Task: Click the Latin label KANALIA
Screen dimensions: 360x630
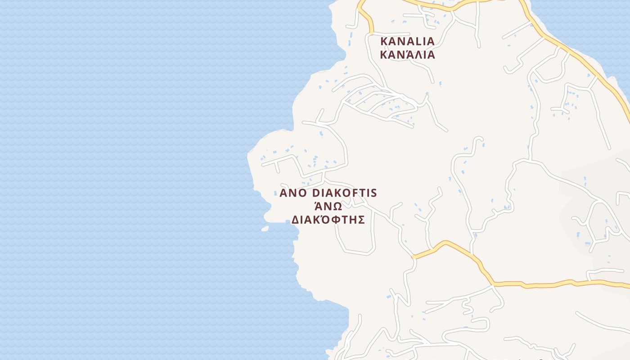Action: (407, 41)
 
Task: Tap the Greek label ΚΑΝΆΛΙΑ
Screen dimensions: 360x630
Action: (407, 55)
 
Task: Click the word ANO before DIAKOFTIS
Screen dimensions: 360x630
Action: (293, 193)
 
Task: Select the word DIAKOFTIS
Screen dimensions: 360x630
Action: (344, 193)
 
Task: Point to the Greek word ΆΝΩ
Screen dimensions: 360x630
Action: (328, 207)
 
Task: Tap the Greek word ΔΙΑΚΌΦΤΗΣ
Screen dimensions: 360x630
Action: (328, 220)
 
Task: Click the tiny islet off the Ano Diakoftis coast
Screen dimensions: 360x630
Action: (265, 229)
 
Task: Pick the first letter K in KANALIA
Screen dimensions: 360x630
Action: (384, 41)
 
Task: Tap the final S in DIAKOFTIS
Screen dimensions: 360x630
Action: (373, 193)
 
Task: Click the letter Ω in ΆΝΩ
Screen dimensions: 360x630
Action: (337, 207)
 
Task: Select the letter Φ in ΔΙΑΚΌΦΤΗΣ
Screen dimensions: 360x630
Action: (335, 220)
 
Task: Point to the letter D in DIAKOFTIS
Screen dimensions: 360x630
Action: (316, 193)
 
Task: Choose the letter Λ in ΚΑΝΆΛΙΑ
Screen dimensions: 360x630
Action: (416, 55)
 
